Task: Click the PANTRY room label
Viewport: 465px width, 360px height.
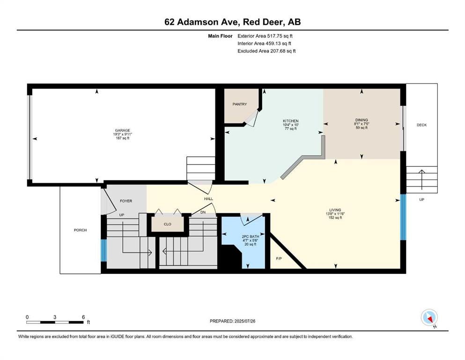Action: [x=240, y=104]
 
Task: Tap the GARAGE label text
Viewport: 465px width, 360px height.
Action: [x=123, y=130]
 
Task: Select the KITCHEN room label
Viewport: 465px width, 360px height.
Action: [x=291, y=121]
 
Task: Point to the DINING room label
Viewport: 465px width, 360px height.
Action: [x=362, y=120]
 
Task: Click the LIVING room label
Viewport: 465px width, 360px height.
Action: [x=335, y=210]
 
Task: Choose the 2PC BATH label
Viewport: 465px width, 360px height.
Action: [x=250, y=237]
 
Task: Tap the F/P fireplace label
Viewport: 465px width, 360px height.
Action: [x=279, y=258]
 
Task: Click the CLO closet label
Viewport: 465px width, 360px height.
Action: [x=168, y=224]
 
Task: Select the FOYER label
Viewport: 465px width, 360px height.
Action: [x=126, y=201]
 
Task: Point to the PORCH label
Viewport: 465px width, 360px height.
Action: [x=81, y=230]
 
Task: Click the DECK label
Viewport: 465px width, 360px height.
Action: [x=422, y=125]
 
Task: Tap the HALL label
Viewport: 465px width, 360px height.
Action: [x=208, y=199]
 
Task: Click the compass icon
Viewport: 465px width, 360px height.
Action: [x=429, y=317]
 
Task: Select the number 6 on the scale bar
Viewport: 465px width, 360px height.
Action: [x=83, y=317]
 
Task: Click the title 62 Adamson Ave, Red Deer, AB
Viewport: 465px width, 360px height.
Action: [x=232, y=22]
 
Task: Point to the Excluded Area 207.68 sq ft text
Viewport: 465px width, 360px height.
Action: [x=266, y=51]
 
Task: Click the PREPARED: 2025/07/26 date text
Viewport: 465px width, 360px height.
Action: [x=232, y=321]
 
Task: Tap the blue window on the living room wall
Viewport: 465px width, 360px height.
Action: [x=403, y=217]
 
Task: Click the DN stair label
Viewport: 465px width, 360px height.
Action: [x=203, y=212]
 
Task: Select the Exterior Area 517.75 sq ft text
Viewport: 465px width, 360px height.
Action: [x=265, y=36]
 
